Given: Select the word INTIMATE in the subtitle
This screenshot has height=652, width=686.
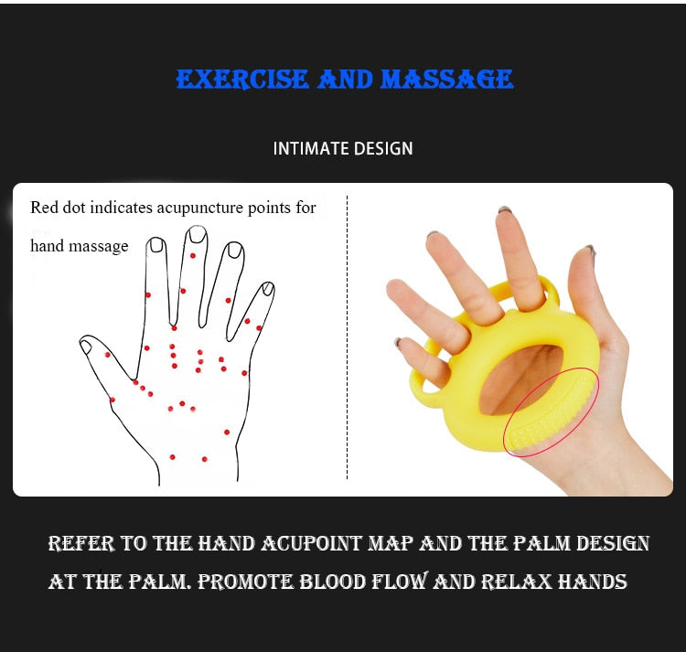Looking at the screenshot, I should [x=309, y=148].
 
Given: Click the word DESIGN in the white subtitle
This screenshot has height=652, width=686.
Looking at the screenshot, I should [x=384, y=148].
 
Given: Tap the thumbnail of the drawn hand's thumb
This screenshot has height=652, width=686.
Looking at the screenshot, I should [x=86, y=346].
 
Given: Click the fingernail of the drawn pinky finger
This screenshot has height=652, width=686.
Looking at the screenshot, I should [x=268, y=289].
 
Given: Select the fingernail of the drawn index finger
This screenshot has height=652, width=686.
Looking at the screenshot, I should [x=156, y=245].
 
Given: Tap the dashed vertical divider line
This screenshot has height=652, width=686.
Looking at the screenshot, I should [x=347, y=338].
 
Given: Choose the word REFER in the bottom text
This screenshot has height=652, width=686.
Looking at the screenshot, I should [x=81, y=544].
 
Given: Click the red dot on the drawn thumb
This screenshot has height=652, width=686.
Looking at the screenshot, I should [x=107, y=355].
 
